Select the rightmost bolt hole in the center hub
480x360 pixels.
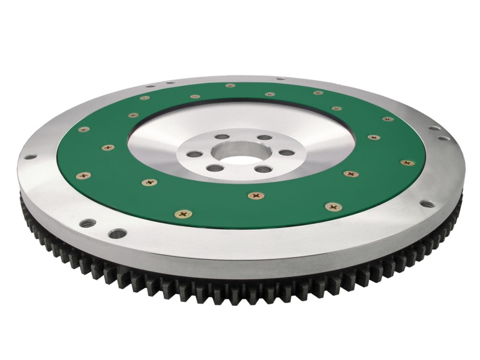[286, 152]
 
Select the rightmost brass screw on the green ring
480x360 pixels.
[407, 162]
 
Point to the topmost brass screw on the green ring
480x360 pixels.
[230, 86]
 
